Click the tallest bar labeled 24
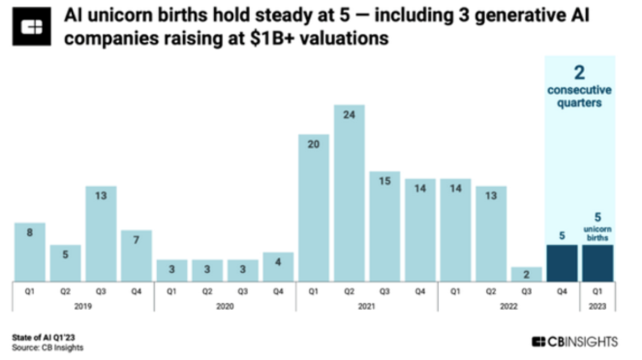tap(349, 193)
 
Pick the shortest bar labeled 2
tap(526, 274)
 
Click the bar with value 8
tap(30, 251)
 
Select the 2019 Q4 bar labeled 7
tap(136, 255)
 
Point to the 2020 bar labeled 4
tap(278, 266)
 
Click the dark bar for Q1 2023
tap(598, 263)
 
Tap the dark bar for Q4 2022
tap(562, 263)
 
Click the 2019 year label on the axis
tap(83, 307)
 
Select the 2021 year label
tap(367, 307)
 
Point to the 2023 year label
tap(598, 307)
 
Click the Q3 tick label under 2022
tap(526, 293)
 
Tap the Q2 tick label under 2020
tap(207, 293)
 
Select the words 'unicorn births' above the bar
tap(598, 232)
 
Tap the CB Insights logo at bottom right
tap(575, 342)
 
